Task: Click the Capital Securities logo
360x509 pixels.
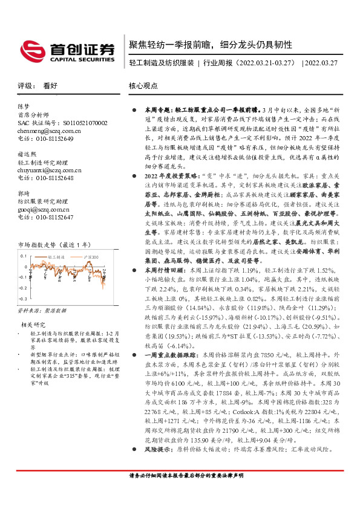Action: tap(67, 51)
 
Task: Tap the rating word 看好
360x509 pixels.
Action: tap(50, 86)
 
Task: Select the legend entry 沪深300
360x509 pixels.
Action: tap(90, 257)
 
